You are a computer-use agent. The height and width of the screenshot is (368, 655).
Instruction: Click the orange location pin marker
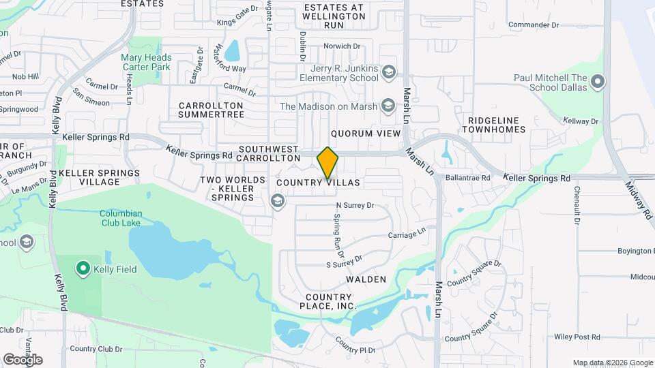[327, 162]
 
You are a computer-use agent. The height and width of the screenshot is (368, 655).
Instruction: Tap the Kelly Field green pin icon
[83, 269]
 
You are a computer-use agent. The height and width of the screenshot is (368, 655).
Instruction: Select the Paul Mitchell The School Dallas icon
[598, 83]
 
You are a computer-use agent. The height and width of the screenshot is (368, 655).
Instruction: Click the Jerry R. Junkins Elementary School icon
[388, 73]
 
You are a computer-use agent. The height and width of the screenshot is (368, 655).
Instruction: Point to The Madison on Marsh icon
[388, 106]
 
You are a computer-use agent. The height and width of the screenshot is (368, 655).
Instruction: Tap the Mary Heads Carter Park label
[146, 63]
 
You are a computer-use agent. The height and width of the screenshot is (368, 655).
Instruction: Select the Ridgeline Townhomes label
[495, 124]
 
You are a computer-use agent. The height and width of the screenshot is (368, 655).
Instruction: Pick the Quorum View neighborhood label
[365, 134]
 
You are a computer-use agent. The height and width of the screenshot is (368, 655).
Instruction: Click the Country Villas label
[318, 183]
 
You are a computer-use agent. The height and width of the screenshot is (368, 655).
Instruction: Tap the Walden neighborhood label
[366, 279]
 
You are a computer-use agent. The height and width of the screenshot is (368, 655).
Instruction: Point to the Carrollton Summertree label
[212, 110]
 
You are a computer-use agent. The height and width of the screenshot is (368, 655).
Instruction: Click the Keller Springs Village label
[99, 177]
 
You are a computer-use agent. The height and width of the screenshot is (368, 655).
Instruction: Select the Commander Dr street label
[534, 25]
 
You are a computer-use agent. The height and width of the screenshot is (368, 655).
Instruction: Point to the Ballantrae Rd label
[468, 177]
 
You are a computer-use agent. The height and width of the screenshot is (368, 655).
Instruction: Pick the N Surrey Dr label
[355, 204]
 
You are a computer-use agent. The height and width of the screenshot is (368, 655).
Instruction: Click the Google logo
[23, 359]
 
